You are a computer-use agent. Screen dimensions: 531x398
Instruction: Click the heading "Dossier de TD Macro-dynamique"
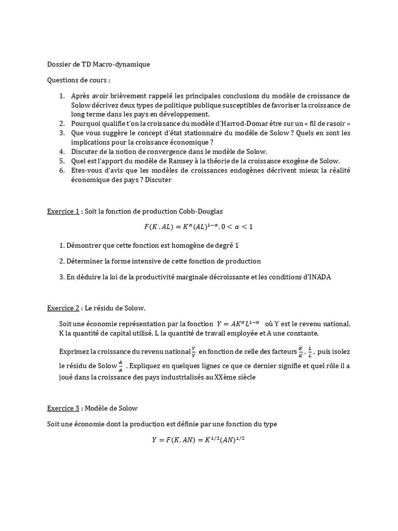(98, 64)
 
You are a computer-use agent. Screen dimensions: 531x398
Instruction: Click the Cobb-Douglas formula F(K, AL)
(198, 227)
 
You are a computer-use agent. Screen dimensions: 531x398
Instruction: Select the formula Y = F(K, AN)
(198, 440)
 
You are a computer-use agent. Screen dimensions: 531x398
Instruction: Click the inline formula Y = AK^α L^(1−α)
(240, 324)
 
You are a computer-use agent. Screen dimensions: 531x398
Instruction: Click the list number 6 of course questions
(61, 170)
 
